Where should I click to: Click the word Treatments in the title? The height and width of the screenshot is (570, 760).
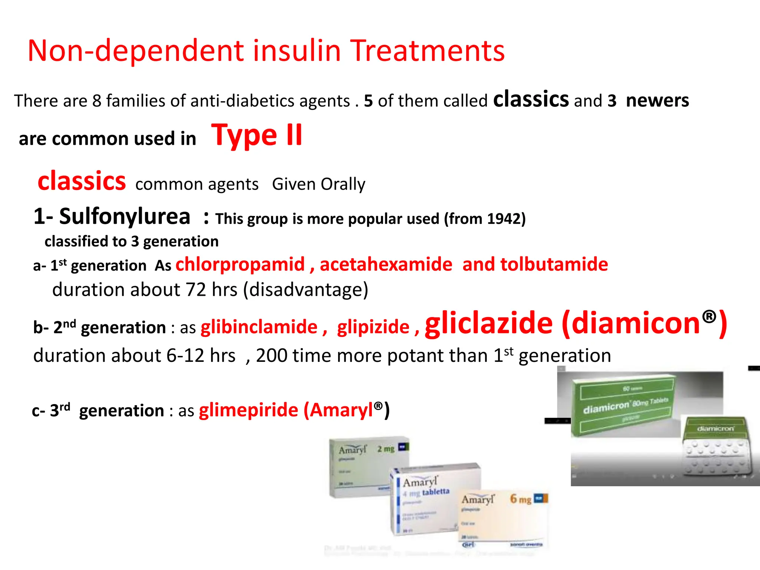[427, 51]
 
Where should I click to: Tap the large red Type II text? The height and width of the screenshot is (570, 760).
[257, 135]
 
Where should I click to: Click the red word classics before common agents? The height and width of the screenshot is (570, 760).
[82, 181]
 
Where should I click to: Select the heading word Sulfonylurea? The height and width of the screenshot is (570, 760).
[124, 216]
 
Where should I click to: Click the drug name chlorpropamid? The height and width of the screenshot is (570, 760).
[240, 265]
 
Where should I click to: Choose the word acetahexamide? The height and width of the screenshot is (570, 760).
[386, 265]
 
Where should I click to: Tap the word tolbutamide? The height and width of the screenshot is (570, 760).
[554, 265]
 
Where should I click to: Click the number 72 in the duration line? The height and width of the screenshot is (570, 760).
[196, 290]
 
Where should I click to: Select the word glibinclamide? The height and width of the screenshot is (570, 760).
[259, 327]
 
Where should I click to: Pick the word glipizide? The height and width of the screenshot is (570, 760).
[373, 327]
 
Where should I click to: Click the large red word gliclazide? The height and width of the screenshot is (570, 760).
[489, 324]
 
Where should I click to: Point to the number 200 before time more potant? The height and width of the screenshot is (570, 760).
[271, 356]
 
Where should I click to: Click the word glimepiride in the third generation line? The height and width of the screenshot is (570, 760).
[249, 410]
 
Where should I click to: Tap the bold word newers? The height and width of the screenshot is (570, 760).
[657, 101]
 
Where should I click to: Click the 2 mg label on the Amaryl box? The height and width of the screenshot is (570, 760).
[386, 449]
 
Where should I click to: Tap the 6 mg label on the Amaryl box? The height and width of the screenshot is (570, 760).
[520, 499]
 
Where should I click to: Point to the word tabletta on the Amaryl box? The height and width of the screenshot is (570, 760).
[436, 492]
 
